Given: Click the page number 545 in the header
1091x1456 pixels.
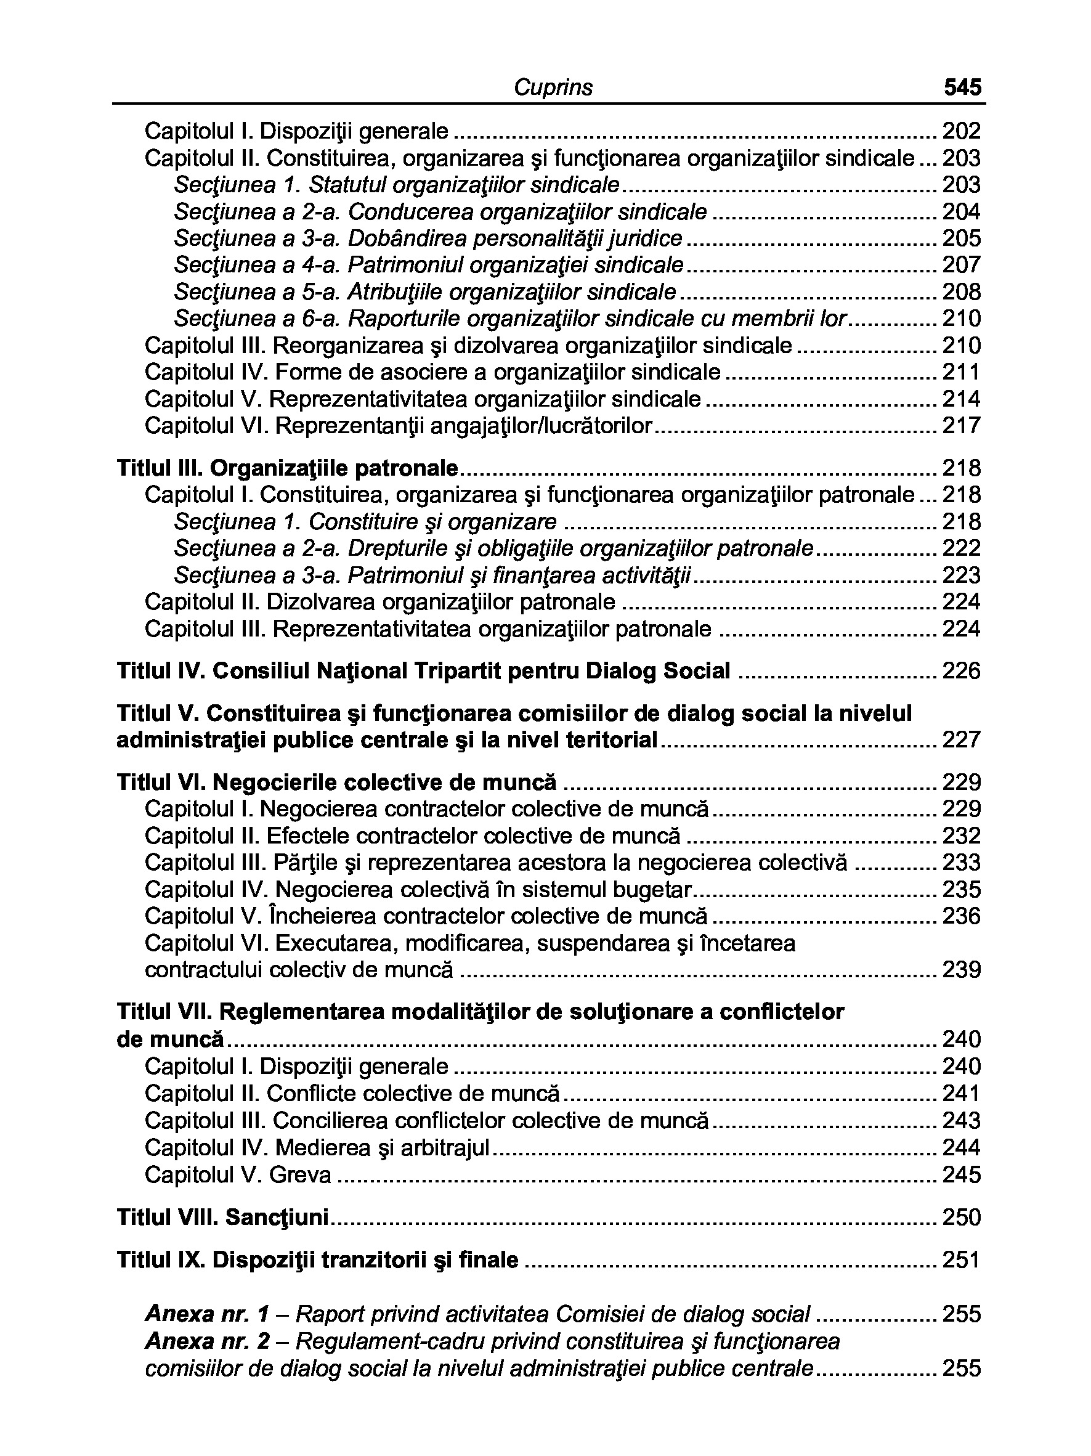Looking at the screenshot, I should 962,87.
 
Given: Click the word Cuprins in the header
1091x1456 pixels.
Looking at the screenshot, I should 553,87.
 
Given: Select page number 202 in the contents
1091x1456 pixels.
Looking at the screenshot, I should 962,131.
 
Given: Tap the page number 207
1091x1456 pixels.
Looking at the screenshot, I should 962,266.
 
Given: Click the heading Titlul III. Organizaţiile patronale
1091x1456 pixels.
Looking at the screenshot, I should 287,469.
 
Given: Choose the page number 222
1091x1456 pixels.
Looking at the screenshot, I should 962,548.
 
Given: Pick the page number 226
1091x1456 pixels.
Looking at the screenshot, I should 962,672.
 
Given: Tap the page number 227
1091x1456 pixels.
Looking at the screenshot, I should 962,740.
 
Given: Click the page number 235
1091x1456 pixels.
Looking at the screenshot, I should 962,890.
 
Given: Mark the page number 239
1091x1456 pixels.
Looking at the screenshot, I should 962,970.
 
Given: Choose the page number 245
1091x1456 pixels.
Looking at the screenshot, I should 962,1175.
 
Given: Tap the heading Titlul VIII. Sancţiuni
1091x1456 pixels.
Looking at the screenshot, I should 222,1218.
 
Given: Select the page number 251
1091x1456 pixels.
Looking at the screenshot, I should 962,1261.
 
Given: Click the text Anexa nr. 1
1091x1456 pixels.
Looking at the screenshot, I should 207,1314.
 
